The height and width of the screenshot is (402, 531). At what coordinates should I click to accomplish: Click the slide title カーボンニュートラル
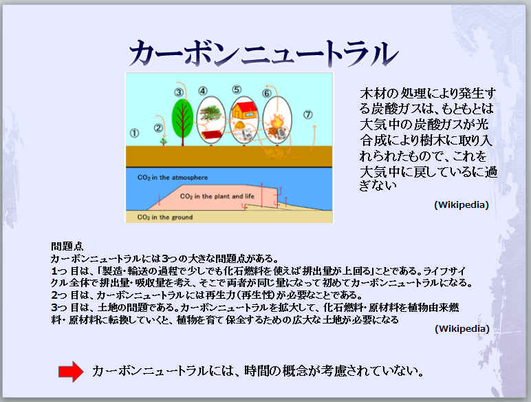pyautogui.click(x=263, y=53)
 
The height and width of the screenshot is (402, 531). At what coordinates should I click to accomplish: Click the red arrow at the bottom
pyautogui.click(x=71, y=372)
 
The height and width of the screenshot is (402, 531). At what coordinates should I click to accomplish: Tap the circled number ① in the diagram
pyautogui.click(x=134, y=133)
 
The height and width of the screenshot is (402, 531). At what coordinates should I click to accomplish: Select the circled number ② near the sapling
pyautogui.click(x=158, y=128)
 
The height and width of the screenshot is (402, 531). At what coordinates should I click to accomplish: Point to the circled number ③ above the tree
pyautogui.click(x=179, y=92)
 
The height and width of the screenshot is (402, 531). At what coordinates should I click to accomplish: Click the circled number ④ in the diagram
pyautogui.click(x=202, y=90)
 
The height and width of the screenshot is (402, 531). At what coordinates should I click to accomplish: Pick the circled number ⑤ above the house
pyautogui.click(x=237, y=89)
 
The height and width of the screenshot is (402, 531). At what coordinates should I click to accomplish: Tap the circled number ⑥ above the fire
pyautogui.click(x=266, y=93)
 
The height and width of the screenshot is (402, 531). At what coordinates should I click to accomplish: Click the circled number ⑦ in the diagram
pyautogui.click(x=307, y=114)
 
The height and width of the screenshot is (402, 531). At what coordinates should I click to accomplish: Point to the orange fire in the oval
pyautogui.click(x=277, y=121)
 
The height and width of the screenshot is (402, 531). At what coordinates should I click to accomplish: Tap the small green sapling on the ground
pyautogui.click(x=164, y=140)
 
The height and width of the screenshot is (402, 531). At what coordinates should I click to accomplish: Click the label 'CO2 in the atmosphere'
pyautogui.click(x=173, y=178)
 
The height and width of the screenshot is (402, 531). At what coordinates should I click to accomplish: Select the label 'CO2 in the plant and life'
pyautogui.click(x=217, y=196)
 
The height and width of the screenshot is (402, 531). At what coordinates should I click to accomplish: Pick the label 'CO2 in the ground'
pyautogui.click(x=165, y=218)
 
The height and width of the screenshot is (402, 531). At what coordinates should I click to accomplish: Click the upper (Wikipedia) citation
pyautogui.click(x=462, y=205)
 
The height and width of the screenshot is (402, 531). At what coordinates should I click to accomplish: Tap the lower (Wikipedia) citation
pyautogui.click(x=462, y=329)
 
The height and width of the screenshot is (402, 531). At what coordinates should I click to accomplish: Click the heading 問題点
pyautogui.click(x=67, y=246)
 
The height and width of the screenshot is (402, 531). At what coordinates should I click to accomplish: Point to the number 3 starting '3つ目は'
pyautogui.click(x=54, y=308)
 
